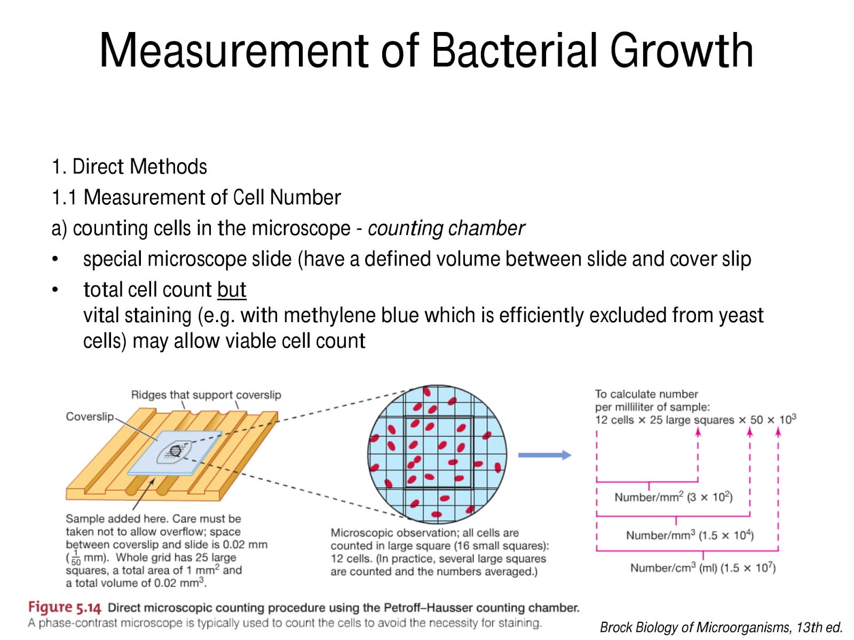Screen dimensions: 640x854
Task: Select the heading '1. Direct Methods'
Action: (x=129, y=167)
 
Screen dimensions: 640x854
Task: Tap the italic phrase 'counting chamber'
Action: (x=446, y=228)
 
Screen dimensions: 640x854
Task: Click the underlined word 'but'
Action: (x=231, y=290)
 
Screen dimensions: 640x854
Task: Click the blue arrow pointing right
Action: (x=544, y=455)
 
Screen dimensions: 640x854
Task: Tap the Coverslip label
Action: (x=90, y=417)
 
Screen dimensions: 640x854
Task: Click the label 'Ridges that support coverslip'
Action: (x=206, y=395)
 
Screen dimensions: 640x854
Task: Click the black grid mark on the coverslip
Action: (x=175, y=451)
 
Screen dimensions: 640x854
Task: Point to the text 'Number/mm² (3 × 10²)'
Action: (x=673, y=497)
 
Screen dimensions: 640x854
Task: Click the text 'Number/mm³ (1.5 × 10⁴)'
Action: (x=690, y=535)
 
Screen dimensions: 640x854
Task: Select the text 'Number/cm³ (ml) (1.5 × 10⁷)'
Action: (x=702, y=567)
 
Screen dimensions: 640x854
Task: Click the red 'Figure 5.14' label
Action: (x=64, y=607)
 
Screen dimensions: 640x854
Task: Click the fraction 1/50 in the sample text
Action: (x=76, y=558)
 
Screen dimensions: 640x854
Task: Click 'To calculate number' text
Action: (x=646, y=394)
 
